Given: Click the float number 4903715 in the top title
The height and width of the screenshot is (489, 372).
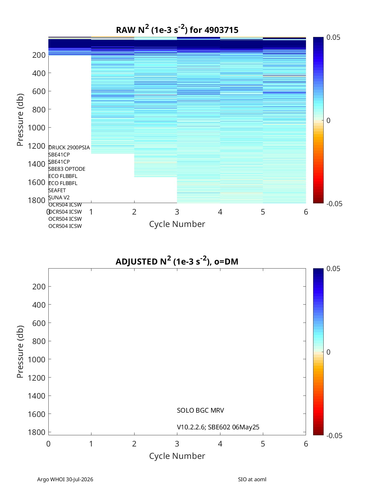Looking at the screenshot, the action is [221, 30].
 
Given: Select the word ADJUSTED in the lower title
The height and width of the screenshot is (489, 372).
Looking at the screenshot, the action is [136, 261].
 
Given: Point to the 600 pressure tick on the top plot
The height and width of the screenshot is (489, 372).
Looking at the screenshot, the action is [39, 91].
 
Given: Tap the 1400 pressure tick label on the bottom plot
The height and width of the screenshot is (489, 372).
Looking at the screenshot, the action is [37, 396].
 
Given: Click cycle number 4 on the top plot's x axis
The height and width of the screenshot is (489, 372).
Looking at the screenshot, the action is [220, 212].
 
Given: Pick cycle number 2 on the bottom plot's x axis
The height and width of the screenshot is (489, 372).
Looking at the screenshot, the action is [134, 444].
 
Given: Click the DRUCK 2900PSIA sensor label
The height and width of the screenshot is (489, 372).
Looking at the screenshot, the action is [69, 147].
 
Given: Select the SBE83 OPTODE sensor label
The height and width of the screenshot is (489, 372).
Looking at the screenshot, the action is [67, 169].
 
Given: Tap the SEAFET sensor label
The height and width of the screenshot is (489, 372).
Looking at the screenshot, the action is [57, 190].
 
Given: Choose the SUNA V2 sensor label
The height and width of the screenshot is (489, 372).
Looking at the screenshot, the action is [59, 197].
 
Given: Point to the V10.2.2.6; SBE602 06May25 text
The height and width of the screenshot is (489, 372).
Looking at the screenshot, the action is [218, 427].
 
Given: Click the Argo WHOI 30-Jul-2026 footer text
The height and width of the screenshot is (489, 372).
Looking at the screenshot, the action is [65, 479].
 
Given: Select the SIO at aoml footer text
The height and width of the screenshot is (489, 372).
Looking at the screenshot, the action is [252, 479].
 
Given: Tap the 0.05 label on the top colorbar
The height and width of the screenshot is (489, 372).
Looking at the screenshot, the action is [333, 38].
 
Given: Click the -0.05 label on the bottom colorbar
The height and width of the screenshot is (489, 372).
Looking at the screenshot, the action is [334, 435].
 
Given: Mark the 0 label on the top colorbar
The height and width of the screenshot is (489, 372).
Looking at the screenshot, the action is [328, 120].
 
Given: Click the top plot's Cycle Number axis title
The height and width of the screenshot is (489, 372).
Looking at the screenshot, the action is [177, 224].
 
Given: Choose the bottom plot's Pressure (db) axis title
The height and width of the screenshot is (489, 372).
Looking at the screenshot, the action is [20, 351].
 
